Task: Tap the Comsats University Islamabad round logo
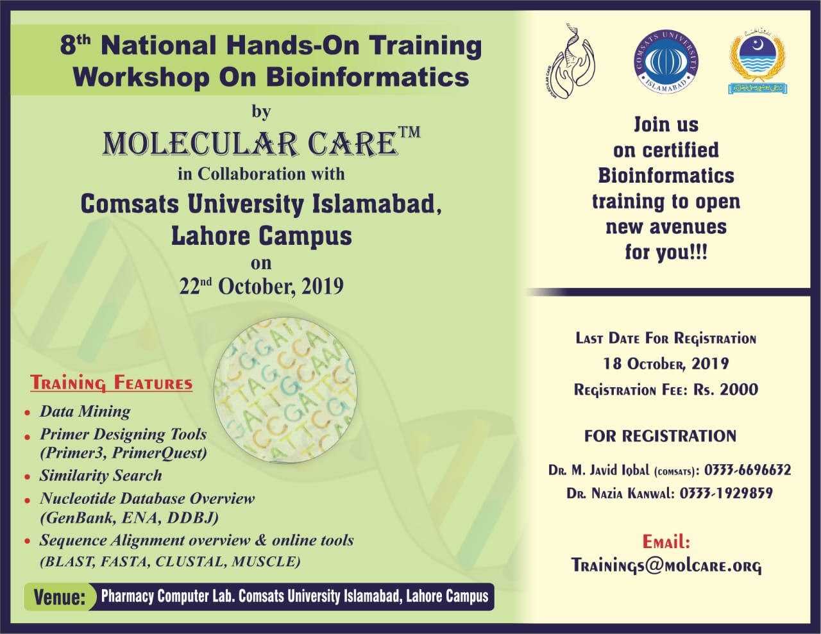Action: click(x=666, y=62)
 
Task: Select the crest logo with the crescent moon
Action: click(x=758, y=62)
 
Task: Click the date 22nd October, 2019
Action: click(x=262, y=286)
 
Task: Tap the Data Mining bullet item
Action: click(x=85, y=411)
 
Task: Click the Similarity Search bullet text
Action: click(x=101, y=475)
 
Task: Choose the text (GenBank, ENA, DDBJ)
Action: click(x=129, y=518)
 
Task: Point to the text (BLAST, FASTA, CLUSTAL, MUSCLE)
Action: click(x=171, y=562)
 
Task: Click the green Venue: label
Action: click(x=59, y=597)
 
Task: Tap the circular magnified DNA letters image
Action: click(x=285, y=389)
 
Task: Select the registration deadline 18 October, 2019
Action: click(x=666, y=363)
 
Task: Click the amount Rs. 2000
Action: click(x=725, y=389)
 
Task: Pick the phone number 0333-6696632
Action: click(x=748, y=470)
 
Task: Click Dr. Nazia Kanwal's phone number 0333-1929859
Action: click(x=726, y=493)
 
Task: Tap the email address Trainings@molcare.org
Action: click(x=666, y=565)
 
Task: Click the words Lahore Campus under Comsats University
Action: click(x=262, y=236)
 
